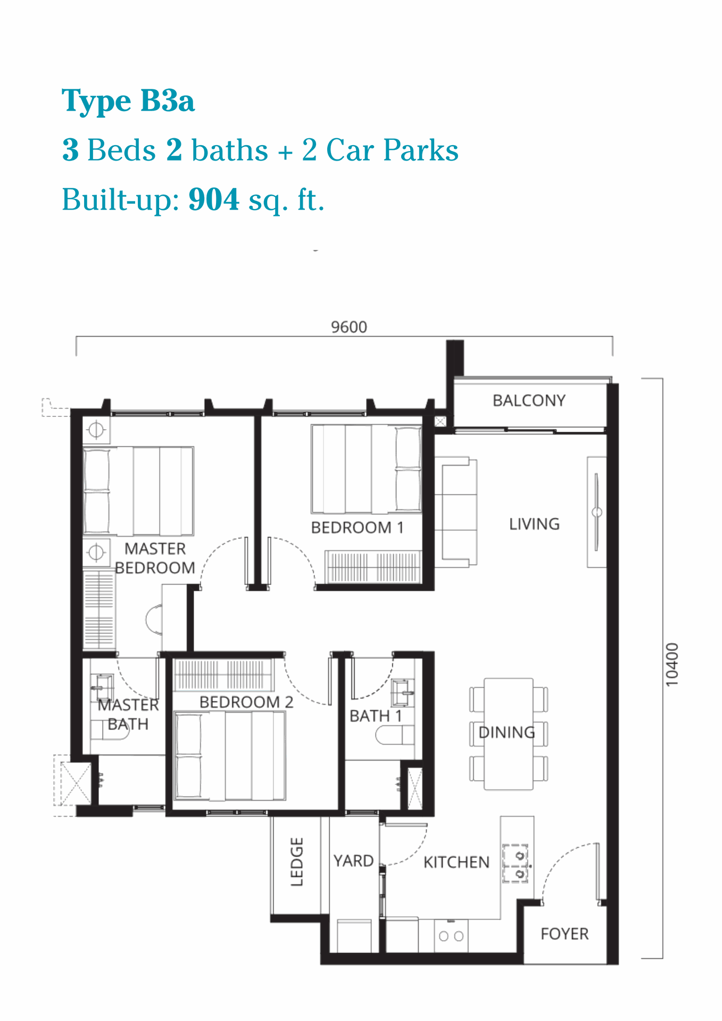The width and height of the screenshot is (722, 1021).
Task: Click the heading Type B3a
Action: [x=128, y=102]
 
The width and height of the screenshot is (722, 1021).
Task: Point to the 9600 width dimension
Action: [x=349, y=327]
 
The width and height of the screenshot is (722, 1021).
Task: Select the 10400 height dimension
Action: [x=673, y=664]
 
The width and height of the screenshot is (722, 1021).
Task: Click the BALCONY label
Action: [x=529, y=400]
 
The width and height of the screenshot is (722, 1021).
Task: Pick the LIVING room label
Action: [x=534, y=524]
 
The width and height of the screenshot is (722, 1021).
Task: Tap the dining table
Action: [x=509, y=734]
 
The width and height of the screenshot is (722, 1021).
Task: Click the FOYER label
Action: [x=565, y=934]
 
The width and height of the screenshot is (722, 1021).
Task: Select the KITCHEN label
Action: [x=457, y=862]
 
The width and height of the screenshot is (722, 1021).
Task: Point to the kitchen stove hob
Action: [x=516, y=863]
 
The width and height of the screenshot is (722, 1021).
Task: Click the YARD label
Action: [x=353, y=860]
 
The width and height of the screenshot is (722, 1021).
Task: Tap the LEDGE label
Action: [x=297, y=861]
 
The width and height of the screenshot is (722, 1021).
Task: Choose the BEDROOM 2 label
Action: [x=246, y=702]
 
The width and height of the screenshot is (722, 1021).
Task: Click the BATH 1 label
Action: [x=376, y=716]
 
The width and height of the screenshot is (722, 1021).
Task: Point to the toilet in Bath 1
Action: [x=395, y=735]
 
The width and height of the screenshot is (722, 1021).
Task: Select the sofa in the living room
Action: [x=456, y=511]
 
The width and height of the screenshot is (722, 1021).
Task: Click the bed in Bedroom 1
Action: [x=367, y=469]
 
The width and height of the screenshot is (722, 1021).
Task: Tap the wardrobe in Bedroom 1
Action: [x=373, y=566]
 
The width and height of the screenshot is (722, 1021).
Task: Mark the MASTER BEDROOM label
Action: [x=155, y=558]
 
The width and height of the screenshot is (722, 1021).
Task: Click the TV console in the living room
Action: [x=597, y=512]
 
